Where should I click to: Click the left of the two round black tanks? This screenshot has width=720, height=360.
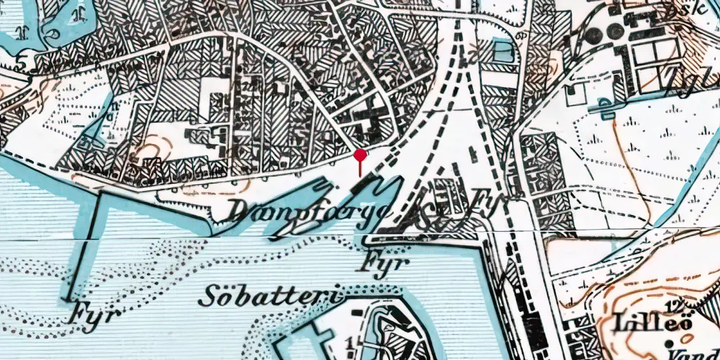[593, 35]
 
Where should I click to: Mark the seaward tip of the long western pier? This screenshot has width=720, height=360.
[69, 299]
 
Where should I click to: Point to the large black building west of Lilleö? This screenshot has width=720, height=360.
[533, 324]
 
